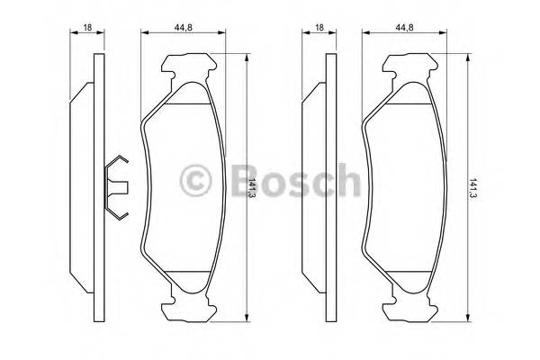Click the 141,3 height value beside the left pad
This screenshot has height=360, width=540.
(254, 190)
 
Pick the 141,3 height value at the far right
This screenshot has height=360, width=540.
(474, 190)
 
